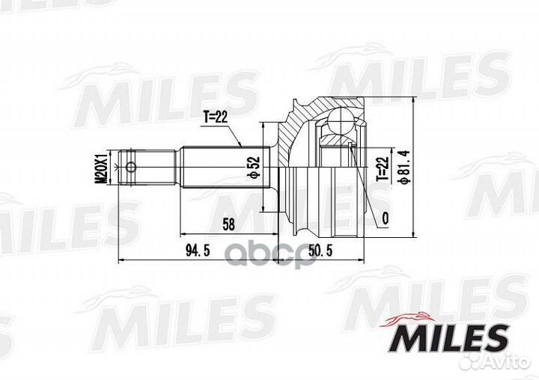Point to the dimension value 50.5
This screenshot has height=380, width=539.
317,248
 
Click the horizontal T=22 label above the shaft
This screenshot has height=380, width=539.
218,116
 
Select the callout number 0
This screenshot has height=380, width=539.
385,218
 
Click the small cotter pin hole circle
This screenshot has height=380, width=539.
132,167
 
